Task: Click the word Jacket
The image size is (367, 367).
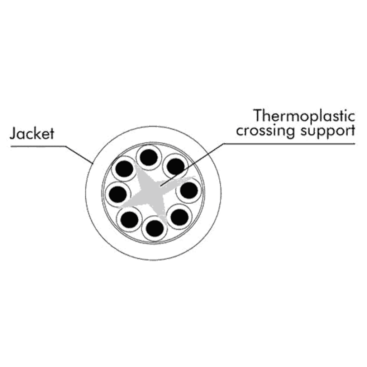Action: [x=32, y=135]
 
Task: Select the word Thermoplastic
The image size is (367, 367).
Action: [x=304, y=117]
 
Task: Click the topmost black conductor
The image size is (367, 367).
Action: [x=147, y=156]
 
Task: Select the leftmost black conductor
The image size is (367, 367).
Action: [x=118, y=194]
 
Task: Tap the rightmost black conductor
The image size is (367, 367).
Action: [x=189, y=190]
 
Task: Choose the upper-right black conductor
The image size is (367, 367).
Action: [x=175, y=166]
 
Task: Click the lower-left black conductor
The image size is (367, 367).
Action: [x=130, y=219]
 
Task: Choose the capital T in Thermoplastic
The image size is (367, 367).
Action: [x=259, y=116]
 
